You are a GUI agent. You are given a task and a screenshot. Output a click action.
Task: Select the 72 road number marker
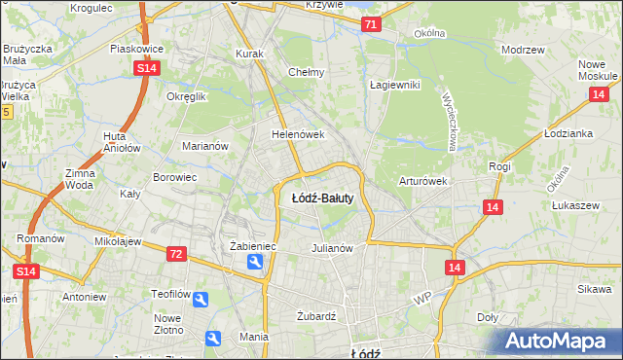pyautogui.click(x=175, y=254)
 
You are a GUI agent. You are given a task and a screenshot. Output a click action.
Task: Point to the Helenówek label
pyautogui.click(x=297, y=134)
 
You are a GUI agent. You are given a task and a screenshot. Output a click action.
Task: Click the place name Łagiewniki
pyautogui.click(x=394, y=85)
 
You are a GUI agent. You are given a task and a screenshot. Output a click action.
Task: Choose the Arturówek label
pyautogui.click(x=421, y=181)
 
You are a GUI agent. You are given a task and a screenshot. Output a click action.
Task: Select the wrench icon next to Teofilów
pyautogui.click(x=200, y=300)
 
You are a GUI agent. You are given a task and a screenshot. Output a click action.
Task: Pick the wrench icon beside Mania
pyautogui.click(x=214, y=338)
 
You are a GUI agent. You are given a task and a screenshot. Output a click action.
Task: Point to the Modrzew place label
pyautogui.click(x=521, y=49)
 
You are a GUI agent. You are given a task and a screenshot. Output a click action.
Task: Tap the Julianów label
pyautogui.click(x=331, y=247)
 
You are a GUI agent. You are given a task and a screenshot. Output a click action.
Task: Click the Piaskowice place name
pyautogui.click(x=134, y=47)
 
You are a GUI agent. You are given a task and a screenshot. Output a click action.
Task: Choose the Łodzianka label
pyautogui.click(x=569, y=133)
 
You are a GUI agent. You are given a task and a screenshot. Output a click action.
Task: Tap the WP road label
pyautogui.click(x=421, y=299)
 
